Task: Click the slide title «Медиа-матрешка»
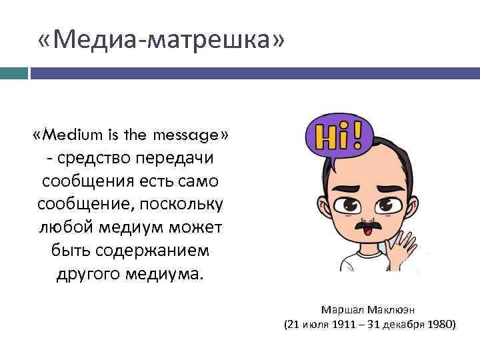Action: (161, 41)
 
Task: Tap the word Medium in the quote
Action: (74, 136)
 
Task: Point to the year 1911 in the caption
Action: (345, 325)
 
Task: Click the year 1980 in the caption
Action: (439, 325)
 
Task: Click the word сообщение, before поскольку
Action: (74, 204)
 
